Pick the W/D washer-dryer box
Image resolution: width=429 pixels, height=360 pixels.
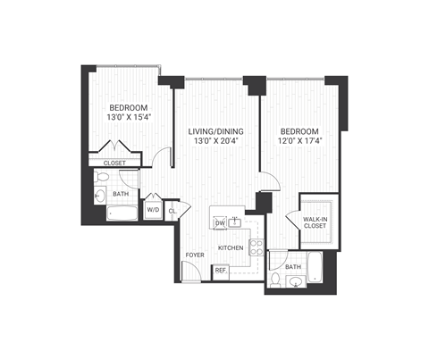tap(153, 211)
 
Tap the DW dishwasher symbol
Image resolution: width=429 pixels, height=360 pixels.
tap(219, 222)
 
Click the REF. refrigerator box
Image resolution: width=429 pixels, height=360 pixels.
tap(219, 270)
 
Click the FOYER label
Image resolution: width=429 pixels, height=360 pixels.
tap(194, 255)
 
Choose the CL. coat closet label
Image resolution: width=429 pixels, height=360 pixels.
tap(172, 211)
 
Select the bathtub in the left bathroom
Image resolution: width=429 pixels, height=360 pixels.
tap(122, 214)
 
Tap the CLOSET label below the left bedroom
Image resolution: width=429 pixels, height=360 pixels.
tap(114, 163)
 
